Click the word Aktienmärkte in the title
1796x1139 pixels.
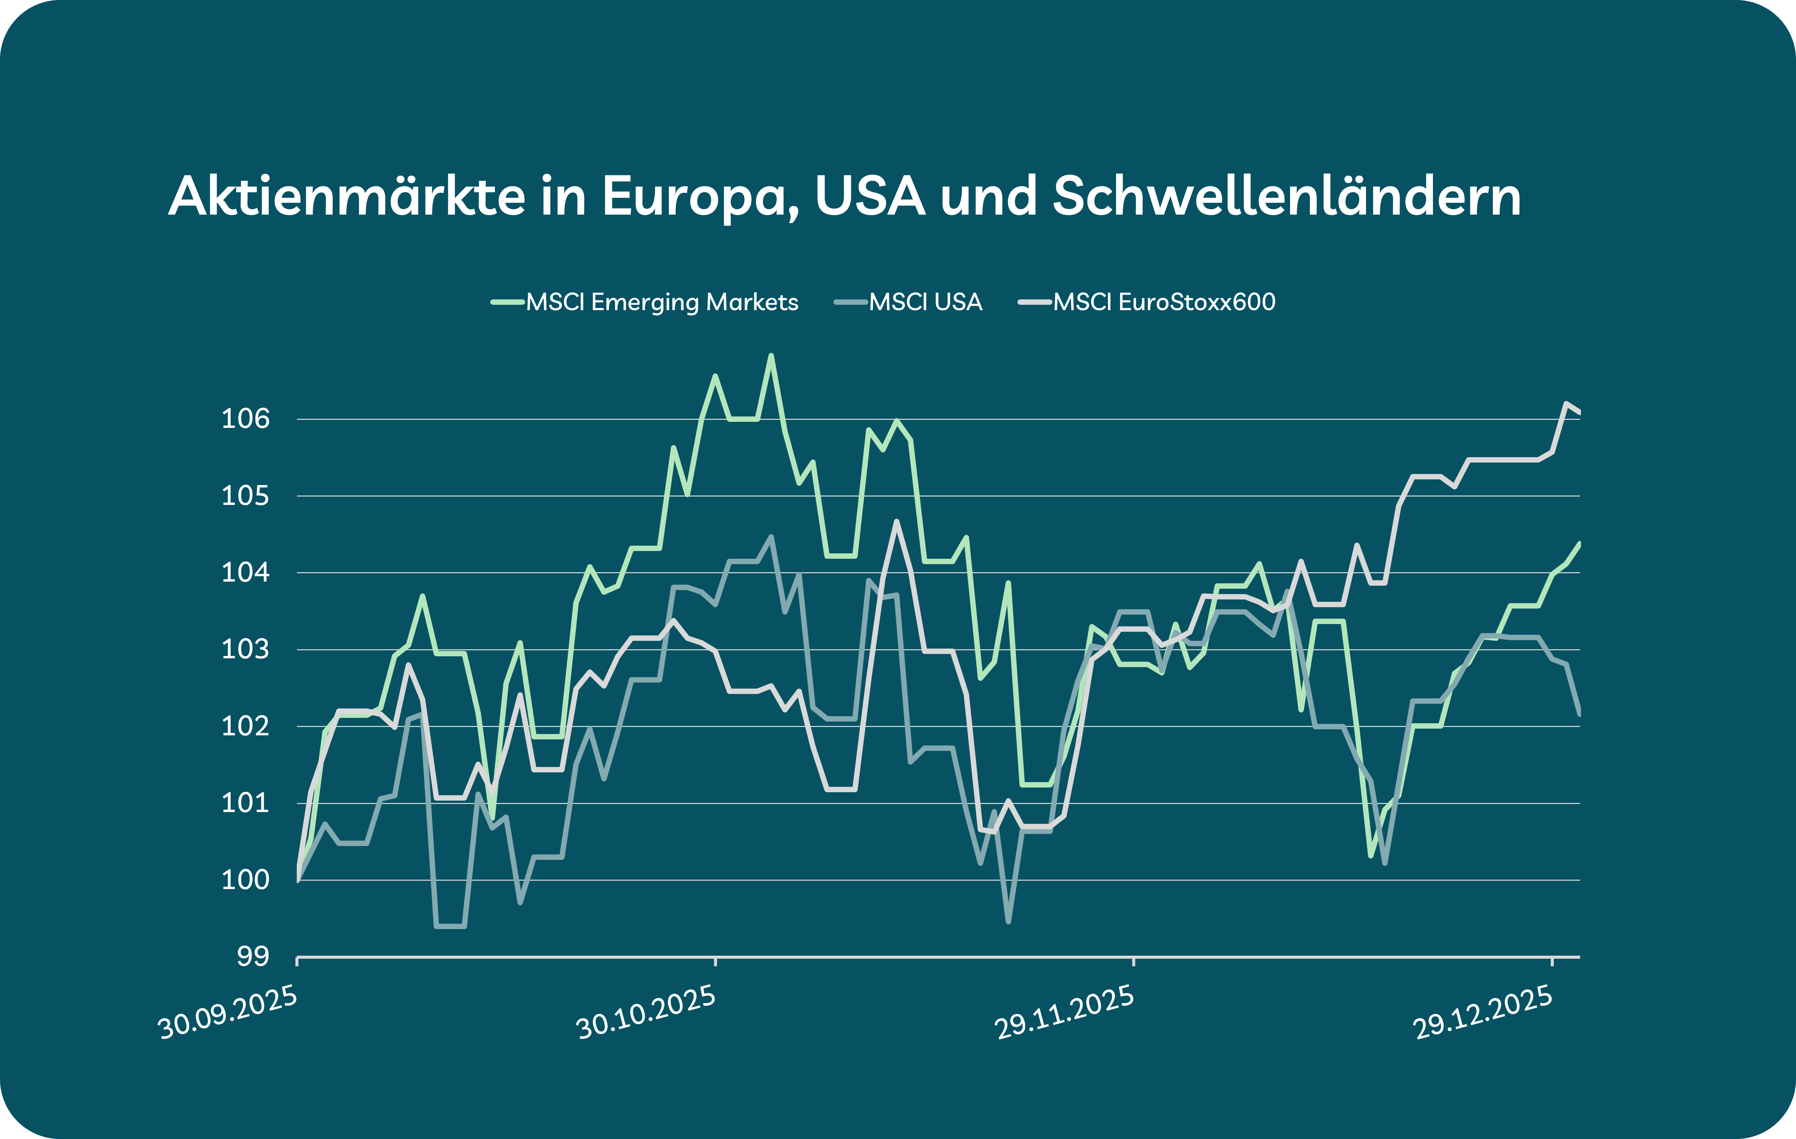tap(347, 197)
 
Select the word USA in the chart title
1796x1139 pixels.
tap(870, 197)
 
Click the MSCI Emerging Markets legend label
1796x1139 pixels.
tap(661, 302)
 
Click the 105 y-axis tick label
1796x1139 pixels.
tap(245, 496)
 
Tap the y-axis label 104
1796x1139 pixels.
tap(245, 573)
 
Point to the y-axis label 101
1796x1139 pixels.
tap(245, 803)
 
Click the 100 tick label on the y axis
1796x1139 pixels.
tap(245, 880)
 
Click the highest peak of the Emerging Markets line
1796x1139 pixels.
tap(771, 356)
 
